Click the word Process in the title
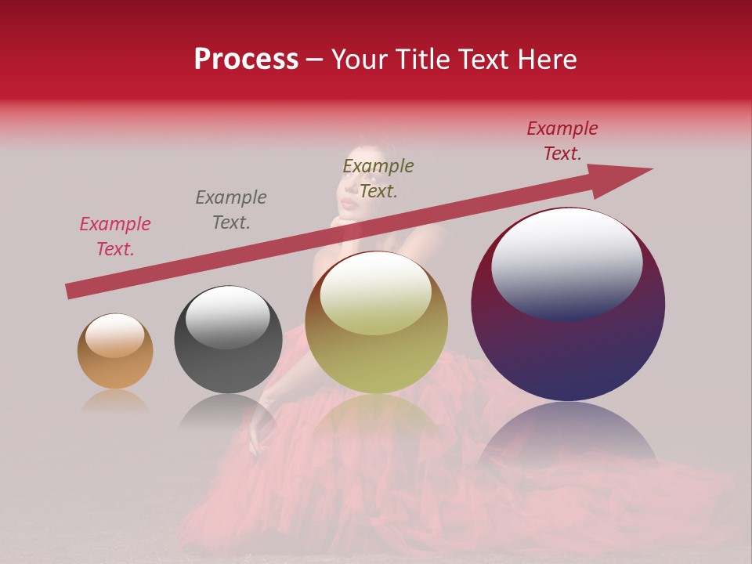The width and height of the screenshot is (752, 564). click(x=246, y=60)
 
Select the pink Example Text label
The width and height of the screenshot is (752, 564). click(x=115, y=237)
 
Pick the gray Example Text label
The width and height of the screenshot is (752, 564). click(x=231, y=210)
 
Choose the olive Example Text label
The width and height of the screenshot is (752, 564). click(x=378, y=179)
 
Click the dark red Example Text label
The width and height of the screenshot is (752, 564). click(x=562, y=141)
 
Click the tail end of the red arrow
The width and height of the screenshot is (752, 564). click(x=70, y=291)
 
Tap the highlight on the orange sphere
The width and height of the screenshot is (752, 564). click(x=115, y=334)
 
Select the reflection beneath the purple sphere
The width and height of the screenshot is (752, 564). click(x=568, y=431)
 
